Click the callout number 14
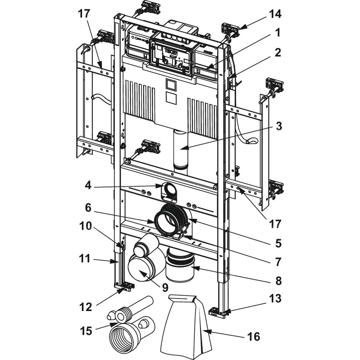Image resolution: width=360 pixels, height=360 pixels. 274,14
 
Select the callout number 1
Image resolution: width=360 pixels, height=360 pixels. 277,33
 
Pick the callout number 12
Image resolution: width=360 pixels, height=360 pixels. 86,307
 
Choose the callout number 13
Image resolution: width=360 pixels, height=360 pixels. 275,299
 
